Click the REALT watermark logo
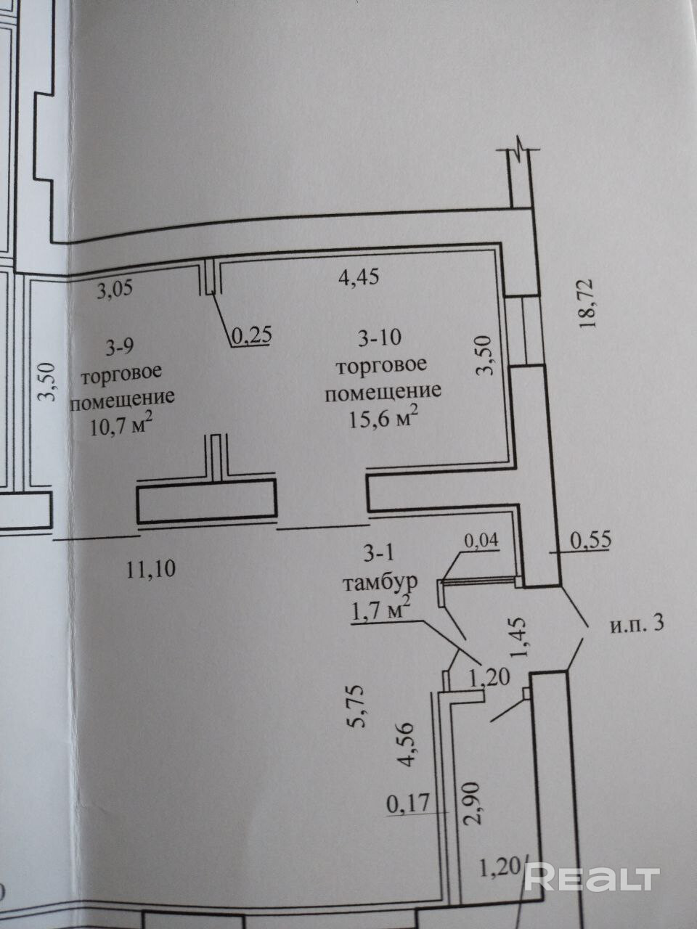591,878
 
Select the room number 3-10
380,337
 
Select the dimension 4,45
359,277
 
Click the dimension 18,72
587,305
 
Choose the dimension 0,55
592,540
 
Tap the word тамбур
380,583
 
